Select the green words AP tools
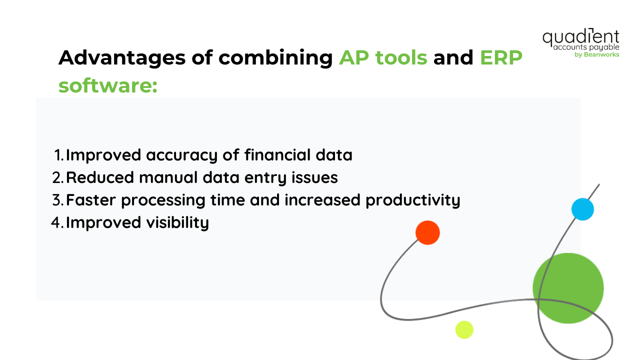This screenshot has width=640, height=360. [383, 58]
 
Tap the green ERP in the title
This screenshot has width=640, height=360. [501, 58]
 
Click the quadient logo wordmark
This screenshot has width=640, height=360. [580, 37]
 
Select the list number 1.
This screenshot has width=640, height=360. [58, 155]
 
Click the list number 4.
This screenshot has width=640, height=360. [57, 222]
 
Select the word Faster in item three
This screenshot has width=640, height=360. [90, 200]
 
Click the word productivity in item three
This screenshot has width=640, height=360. [412, 200]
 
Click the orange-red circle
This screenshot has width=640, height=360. [427, 232]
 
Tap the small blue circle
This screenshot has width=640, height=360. [582, 209]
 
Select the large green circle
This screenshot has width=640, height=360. [568, 287]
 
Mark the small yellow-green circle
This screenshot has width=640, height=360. [464, 329]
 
